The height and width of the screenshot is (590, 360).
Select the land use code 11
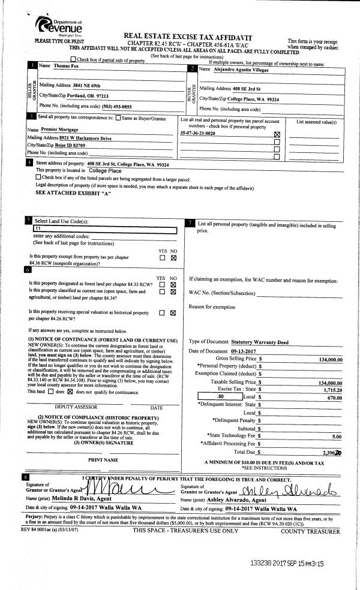(38, 229)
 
